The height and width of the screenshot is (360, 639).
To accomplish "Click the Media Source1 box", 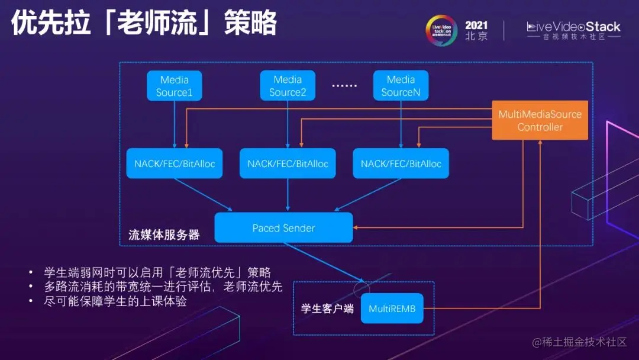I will [175, 86].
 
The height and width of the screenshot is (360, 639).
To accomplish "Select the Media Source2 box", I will [288, 86].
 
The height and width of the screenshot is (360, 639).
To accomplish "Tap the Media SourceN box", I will [401, 86].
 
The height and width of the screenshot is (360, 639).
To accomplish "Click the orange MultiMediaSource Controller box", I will [540, 120].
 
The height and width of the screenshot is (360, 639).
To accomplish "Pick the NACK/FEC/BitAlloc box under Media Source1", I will [174, 163].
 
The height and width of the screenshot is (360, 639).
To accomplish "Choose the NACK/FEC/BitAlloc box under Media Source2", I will [288, 163].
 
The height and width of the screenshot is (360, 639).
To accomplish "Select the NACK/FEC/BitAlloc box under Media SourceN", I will [401, 163].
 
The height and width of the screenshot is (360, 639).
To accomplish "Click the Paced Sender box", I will [283, 228].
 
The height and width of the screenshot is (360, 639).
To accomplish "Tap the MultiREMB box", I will [392, 308].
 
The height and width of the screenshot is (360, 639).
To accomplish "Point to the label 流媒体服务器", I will [164, 235].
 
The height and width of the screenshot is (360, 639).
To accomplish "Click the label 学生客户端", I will [327, 308].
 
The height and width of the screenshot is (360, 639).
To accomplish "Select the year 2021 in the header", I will [476, 25].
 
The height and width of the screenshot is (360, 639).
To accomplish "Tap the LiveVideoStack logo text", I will [573, 27].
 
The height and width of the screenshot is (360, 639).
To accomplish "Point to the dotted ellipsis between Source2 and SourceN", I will [344, 86].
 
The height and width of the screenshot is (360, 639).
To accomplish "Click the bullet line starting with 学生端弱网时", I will [157, 272].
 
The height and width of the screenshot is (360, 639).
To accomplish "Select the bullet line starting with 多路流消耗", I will [163, 287].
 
